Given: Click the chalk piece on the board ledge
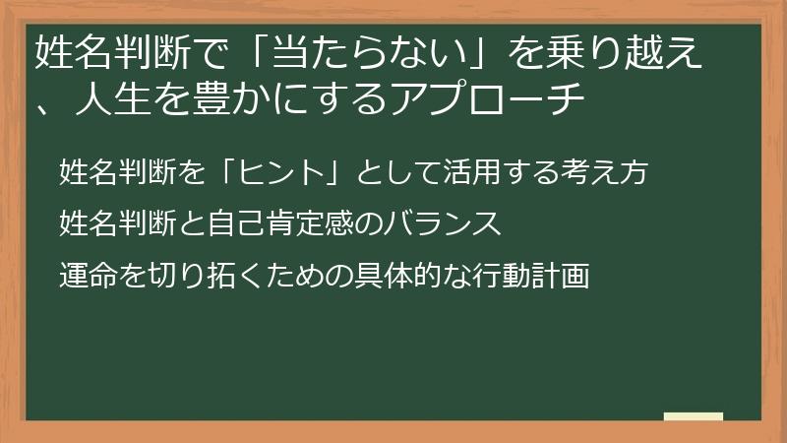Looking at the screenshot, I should coord(693,416).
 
